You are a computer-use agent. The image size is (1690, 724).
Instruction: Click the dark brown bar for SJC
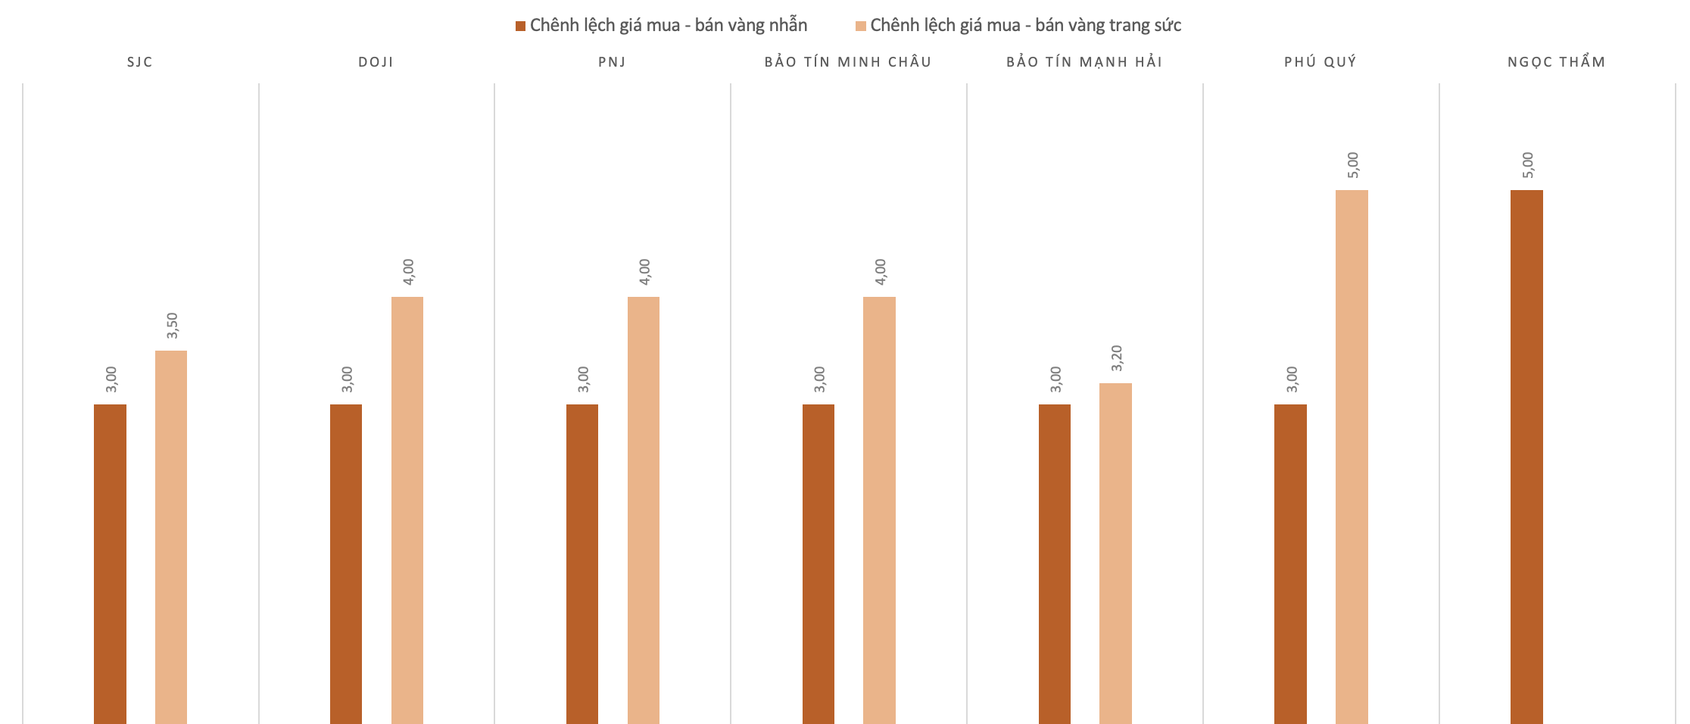pyautogui.click(x=110, y=564)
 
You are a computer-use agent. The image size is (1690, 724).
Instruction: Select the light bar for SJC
pyautogui.click(x=171, y=537)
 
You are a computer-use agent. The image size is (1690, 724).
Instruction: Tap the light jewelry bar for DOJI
pyautogui.click(x=407, y=510)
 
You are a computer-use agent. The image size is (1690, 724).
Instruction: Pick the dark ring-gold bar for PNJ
pyautogui.click(x=582, y=564)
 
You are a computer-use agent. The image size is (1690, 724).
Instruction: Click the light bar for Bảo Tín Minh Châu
pyautogui.click(x=879, y=510)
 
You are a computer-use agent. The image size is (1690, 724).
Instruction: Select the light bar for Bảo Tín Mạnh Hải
pyautogui.click(x=1115, y=554)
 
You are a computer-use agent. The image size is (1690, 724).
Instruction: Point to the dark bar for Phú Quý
pyautogui.click(x=1290, y=564)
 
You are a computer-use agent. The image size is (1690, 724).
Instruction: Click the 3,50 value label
pyautogui.click(x=172, y=326)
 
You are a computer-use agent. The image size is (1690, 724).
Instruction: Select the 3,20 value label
pyautogui.click(x=1116, y=358)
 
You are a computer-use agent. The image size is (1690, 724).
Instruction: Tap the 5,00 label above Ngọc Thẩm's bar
pyautogui.click(x=1527, y=165)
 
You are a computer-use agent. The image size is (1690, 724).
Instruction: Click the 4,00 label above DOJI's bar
pyautogui.click(x=408, y=272)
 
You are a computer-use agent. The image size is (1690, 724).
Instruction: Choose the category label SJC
pyautogui.click(x=140, y=62)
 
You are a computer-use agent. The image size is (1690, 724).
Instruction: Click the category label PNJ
pyautogui.click(x=612, y=62)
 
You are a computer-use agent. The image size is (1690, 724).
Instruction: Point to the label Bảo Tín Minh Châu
pyautogui.click(x=848, y=62)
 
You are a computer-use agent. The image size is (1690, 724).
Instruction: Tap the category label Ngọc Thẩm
pyautogui.click(x=1556, y=62)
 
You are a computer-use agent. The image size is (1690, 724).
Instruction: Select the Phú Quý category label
pyautogui.click(x=1320, y=62)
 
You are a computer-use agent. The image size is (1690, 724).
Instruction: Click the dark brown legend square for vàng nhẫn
pyautogui.click(x=520, y=27)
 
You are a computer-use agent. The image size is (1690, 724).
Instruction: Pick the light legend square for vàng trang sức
pyautogui.click(x=860, y=27)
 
